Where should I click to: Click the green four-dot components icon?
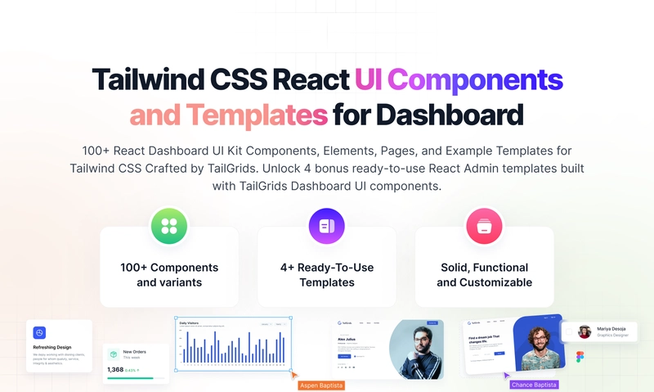[169, 226]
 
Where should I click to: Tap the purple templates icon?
[326, 226]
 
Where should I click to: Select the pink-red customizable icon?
[484, 226]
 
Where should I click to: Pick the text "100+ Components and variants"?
[169, 275]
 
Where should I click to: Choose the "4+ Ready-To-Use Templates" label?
[326, 275]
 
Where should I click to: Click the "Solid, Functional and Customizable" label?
[484, 275]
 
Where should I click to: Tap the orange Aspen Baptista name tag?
[321, 385]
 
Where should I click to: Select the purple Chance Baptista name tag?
[535, 384]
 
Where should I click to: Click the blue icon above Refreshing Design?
[39, 333]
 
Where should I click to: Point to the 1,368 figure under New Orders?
[115, 370]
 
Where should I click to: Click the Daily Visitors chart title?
[190, 322]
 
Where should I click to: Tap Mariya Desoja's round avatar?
[584, 331]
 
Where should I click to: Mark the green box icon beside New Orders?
[113, 354]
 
